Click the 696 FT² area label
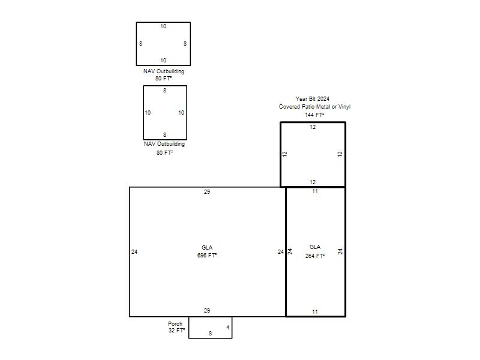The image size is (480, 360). [x=207, y=256]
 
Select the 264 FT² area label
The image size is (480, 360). [x=315, y=256]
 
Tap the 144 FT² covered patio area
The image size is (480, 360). [x=314, y=115]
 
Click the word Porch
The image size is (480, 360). [x=175, y=323]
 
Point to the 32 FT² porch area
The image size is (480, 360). [x=176, y=331]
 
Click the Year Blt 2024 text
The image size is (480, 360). [x=313, y=98]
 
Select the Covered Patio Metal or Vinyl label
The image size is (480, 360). [x=314, y=107]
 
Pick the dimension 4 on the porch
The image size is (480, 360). [x=228, y=328]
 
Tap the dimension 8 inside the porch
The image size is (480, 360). [x=211, y=334]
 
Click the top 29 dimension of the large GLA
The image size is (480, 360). [x=207, y=192]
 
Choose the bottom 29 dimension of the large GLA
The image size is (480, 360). [x=207, y=311]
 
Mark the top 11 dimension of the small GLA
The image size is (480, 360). [x=315, y=191]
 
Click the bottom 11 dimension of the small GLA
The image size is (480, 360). [x=315, y=312]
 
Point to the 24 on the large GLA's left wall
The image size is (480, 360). [x=134, y=252]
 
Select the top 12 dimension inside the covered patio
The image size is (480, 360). [x=313, y=127]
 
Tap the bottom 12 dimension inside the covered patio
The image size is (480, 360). [x=313, y=182]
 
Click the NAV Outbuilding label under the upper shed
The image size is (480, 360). [x=164, y=71]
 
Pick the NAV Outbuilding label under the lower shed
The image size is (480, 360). [x=164, y=144]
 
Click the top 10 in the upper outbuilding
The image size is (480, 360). [x=163, y=26]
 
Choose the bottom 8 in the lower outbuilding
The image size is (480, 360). [x=164, y=134]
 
